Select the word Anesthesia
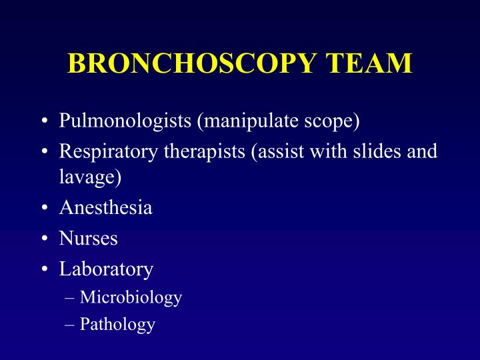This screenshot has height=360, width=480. pos(105,207)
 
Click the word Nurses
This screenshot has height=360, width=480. pos(88,238)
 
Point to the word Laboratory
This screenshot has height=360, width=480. pos(106,269)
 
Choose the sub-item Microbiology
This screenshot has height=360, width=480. pos(131,297)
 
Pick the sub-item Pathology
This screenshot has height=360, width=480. pos(117,325)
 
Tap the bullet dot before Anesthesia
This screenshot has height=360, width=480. pos(43,208)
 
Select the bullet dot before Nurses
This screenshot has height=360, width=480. pos(43,239)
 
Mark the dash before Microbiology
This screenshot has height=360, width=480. pos(70,297)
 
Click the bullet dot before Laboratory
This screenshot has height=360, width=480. pos(43,269)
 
